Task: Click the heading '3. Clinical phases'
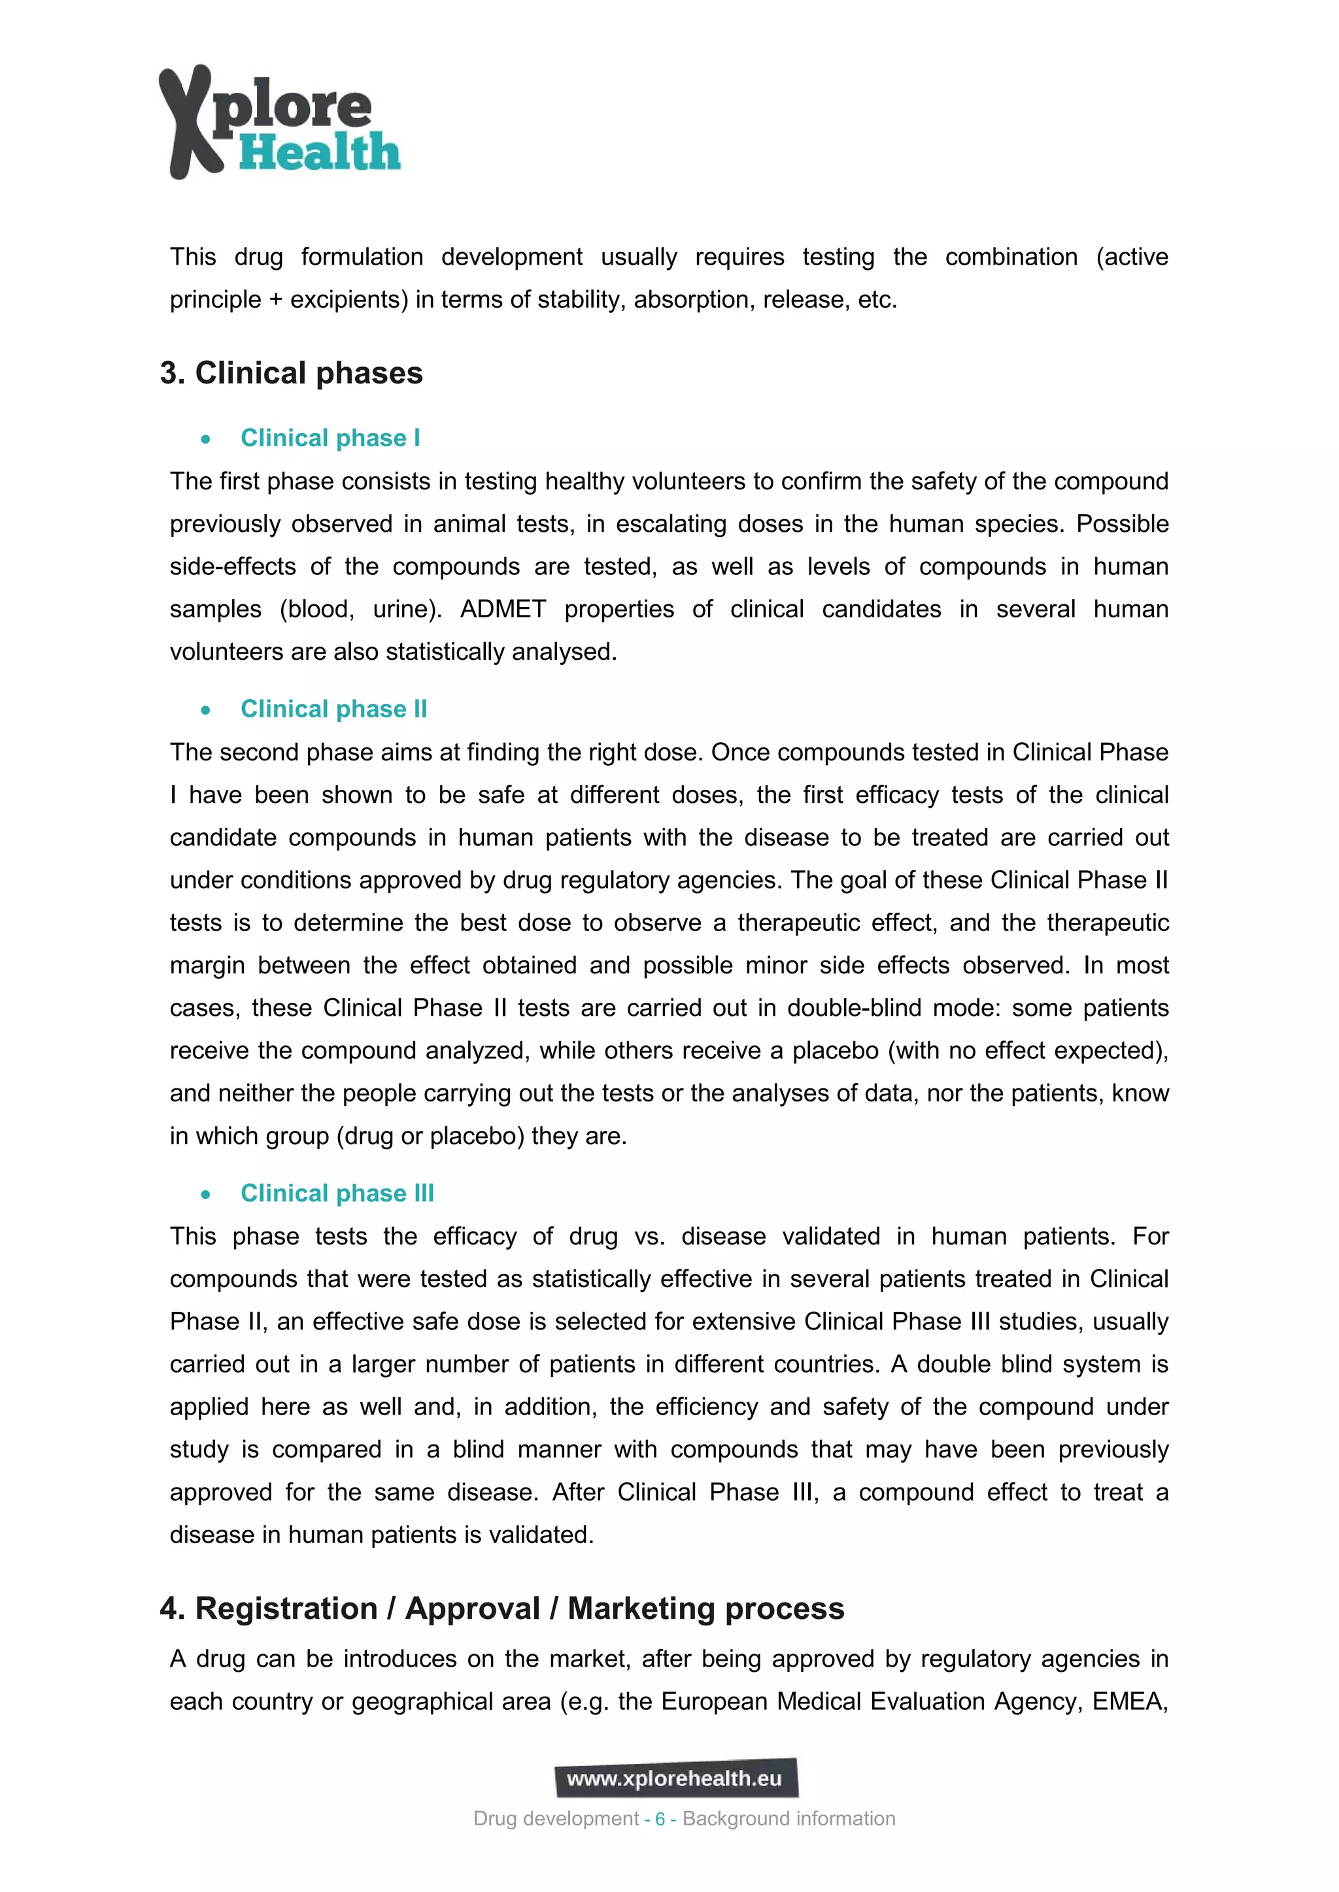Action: (x=291, y=373)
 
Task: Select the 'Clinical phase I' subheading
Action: (x=330, y=438)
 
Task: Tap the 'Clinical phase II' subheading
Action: (x=333, y=709)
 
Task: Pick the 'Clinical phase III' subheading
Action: (x=337, y=1193)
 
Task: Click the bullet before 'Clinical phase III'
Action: (x=205, y=1194)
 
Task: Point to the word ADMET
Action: (x=503, y=609)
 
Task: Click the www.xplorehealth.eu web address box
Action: (x=675, y=1778)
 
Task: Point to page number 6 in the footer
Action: (x=660, y=1819)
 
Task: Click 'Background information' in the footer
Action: (x=788, y=1819)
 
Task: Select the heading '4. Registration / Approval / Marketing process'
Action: (x=502, y=1608)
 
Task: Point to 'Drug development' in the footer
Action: (x=556, y=1819)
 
